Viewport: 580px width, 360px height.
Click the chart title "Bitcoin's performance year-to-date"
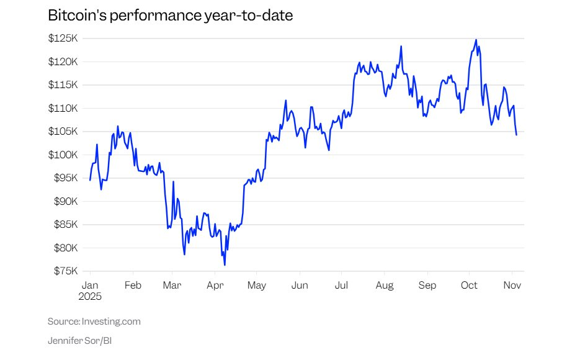[x=170, y=16]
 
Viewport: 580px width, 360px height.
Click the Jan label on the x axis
[x=91, y=286]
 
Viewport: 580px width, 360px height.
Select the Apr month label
[x=215, y=286]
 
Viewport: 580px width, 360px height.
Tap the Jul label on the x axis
[x=341, y=286]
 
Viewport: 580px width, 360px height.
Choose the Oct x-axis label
[x=469, y=286]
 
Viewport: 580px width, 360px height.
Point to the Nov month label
[x=512, y=286]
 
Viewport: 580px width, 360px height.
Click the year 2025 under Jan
[x=91, y=296]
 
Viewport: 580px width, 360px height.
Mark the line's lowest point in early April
[x=225, y=265]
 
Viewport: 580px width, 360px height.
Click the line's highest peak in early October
[x=476, y=40]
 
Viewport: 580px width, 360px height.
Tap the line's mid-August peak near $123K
[x=401, y=46]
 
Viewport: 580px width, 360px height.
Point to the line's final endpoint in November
[x=516, y=135]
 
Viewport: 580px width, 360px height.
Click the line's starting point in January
[x=90, y=180]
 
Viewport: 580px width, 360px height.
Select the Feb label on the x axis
[x=133, y=286]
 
